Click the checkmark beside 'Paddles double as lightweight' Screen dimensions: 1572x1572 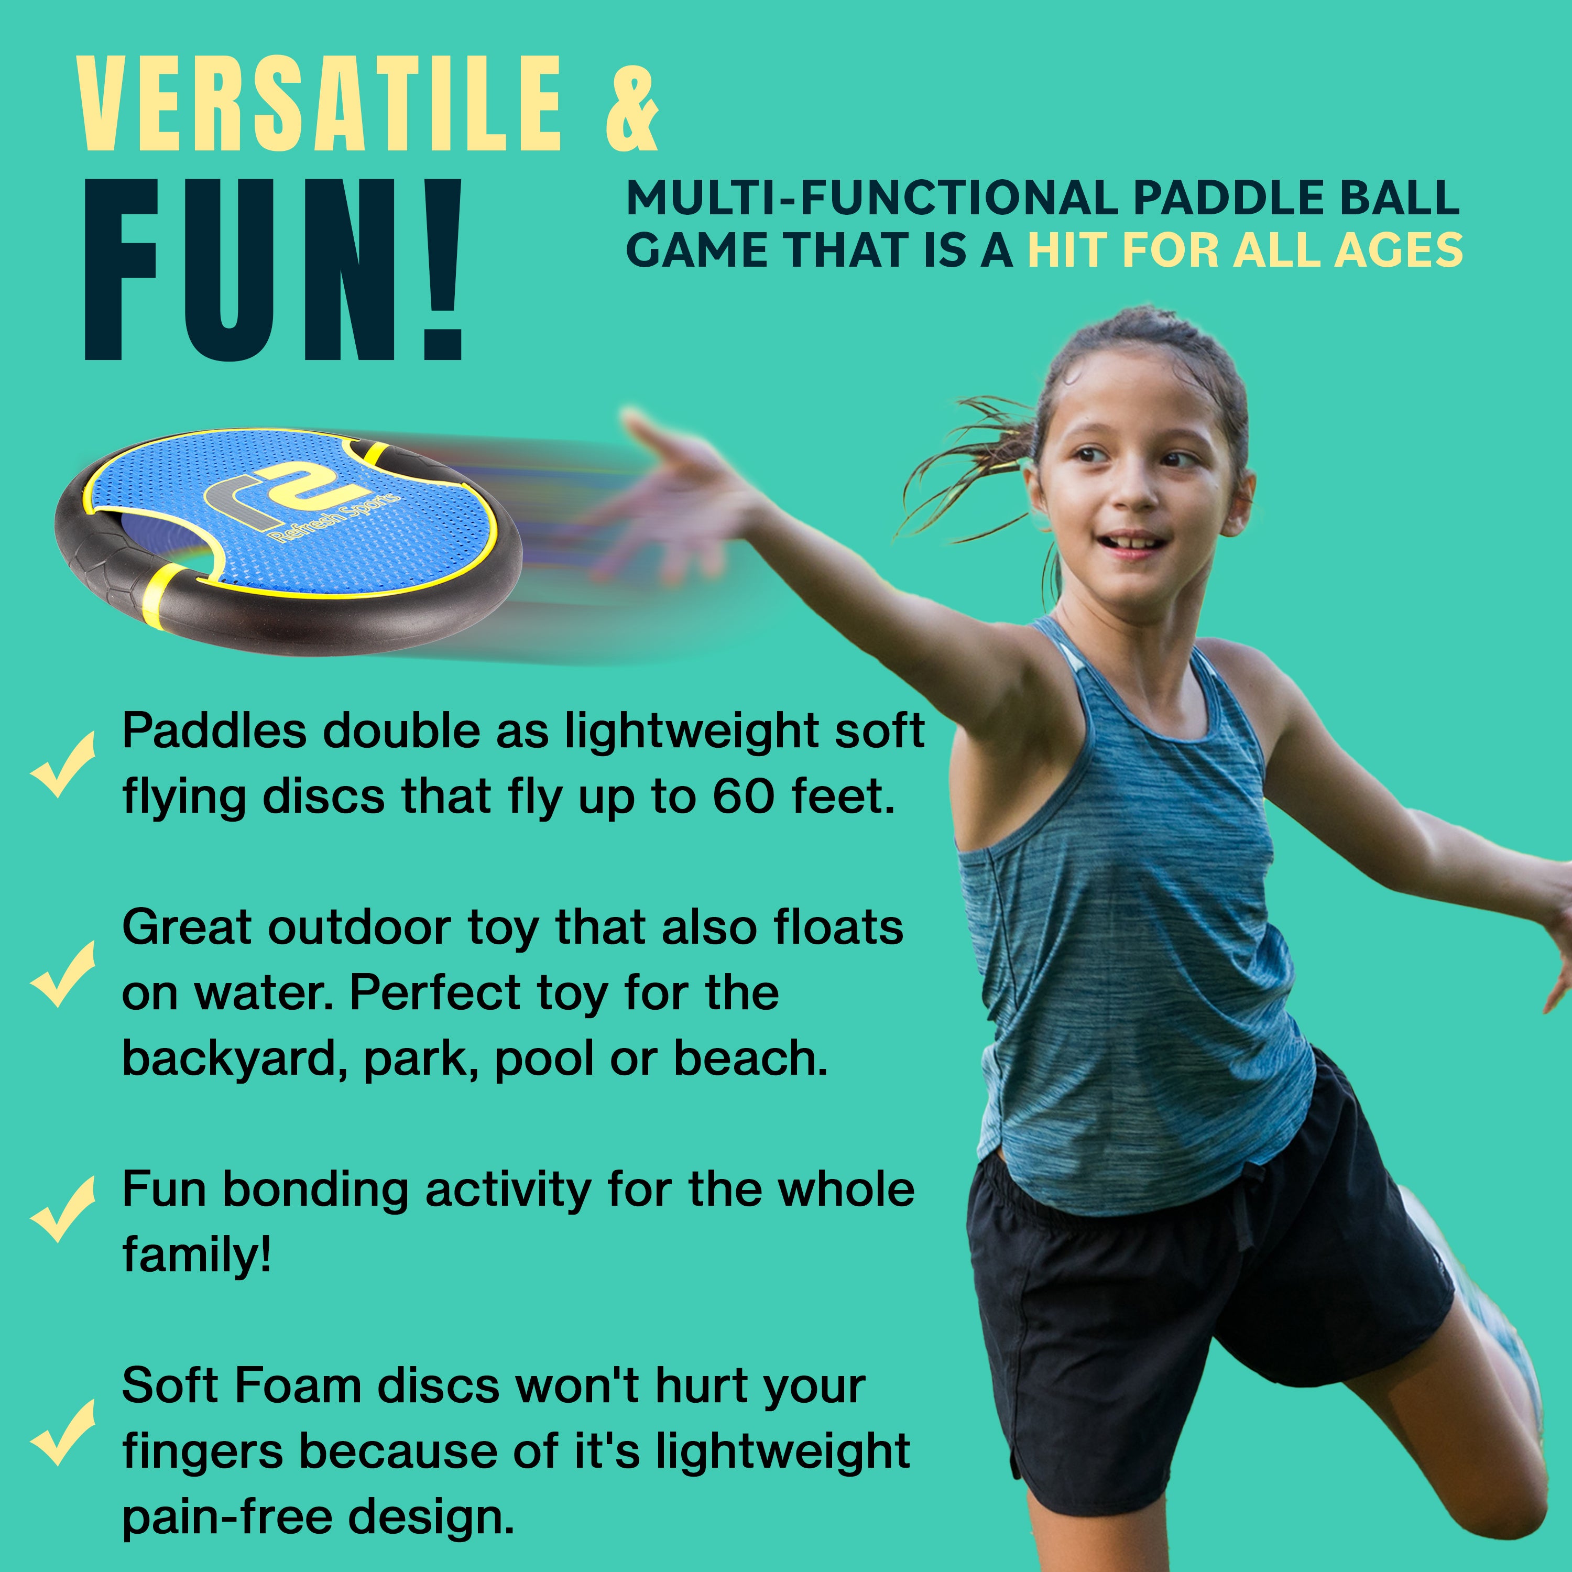click(63, 763)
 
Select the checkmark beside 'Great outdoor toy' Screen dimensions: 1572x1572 click(63, 974)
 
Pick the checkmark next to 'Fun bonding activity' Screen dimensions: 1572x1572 click(63, 1209)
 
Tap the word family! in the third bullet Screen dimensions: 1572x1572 click(196, 1257)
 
